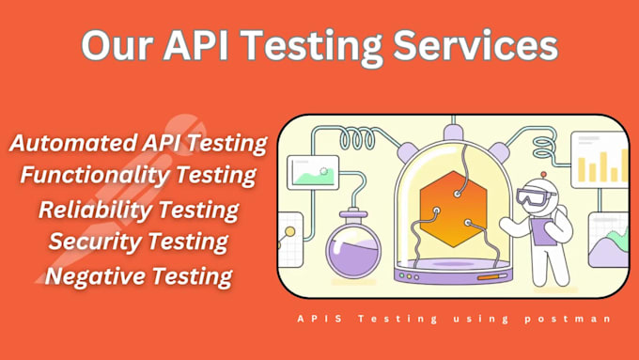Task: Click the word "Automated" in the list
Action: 67,144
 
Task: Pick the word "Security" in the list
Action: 91,242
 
